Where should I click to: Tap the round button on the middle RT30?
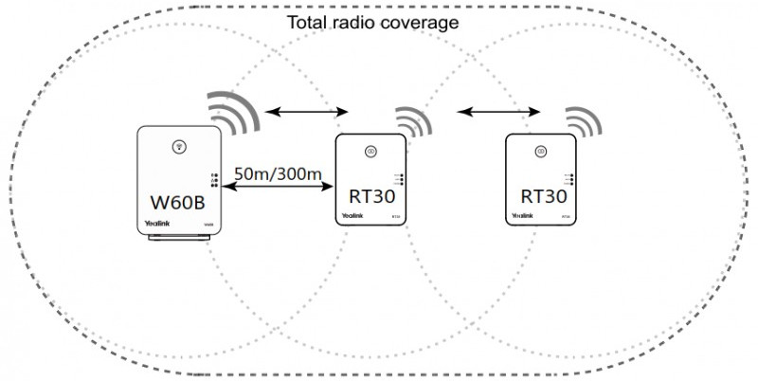point(371,152)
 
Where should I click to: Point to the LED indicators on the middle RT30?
point(401,179)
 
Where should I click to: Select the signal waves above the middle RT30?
point(414,121)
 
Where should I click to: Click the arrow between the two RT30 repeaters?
point(493,112)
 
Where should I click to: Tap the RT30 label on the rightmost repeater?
point(540,196)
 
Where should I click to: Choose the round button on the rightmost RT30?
point(540,152)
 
